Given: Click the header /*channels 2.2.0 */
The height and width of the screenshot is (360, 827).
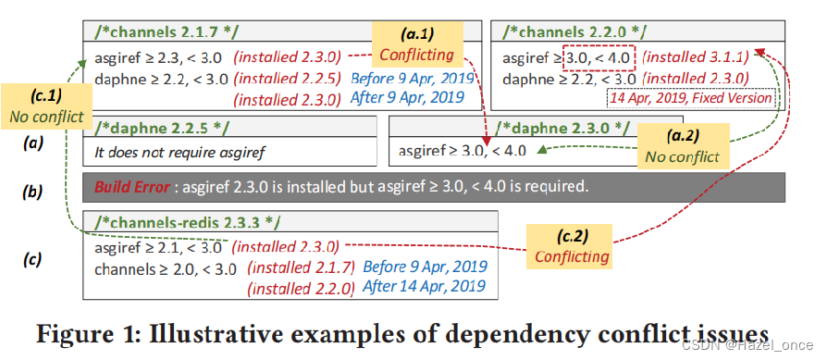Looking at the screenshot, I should (x=565, y=33).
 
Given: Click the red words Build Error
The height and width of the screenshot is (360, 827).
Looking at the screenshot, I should (x=131, y=186).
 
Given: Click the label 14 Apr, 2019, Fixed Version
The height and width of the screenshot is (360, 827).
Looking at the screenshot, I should (x=689, y=97).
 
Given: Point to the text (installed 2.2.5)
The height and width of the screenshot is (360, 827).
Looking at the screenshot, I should (x=286, y=79).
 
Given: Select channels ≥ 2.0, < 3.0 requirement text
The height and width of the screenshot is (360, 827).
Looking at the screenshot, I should (x=166, y=268).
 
